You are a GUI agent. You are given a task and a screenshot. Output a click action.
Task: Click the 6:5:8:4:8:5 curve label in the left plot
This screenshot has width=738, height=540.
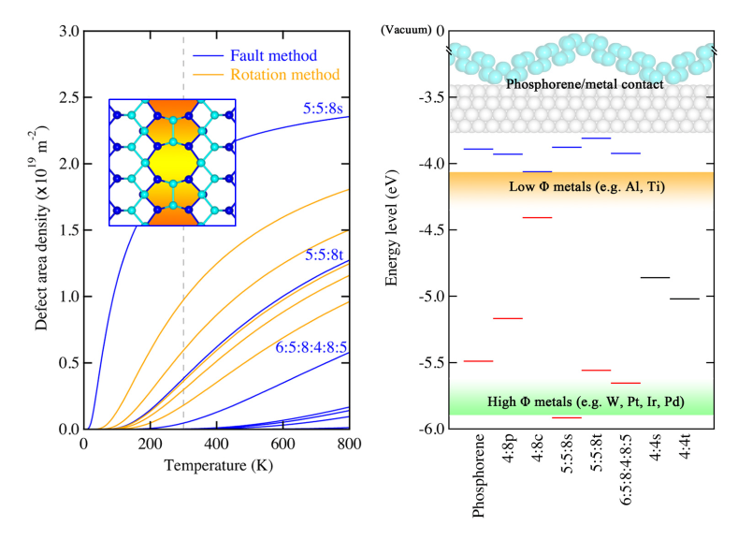[311, 347]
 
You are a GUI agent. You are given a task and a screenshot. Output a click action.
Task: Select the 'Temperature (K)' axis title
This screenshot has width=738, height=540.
[214, 464]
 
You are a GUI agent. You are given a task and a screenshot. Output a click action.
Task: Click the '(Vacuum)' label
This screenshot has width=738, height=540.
[406, 31]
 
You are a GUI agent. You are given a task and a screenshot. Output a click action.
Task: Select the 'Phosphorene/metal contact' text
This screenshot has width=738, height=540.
[585, 84]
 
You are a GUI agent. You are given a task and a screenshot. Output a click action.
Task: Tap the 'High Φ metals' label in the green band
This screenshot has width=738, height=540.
[585, 402]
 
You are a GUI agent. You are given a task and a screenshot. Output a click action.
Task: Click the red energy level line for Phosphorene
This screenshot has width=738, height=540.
[478, 360]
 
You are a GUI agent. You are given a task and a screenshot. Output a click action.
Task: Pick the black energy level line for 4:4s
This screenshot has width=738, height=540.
[655, 277]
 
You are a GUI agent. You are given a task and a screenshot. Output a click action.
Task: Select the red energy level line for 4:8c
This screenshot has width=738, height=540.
[537, 217]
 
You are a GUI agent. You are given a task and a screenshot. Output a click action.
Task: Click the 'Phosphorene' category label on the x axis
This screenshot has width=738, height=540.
[479, 477]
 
